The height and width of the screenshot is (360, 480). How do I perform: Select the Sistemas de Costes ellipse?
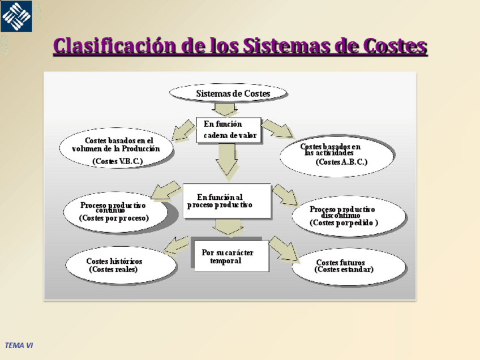tap(229, 93)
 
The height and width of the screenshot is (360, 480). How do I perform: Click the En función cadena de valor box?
tap(229, 130)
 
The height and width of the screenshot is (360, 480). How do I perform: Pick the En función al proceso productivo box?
tap(226, 201)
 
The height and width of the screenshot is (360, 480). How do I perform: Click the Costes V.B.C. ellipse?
tap(117, 149)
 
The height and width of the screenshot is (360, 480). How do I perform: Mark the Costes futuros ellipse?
tap(348, 266)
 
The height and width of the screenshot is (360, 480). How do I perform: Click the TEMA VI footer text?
tap(20, 344)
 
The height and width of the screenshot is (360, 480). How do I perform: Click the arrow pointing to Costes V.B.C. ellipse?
tap(183, 130)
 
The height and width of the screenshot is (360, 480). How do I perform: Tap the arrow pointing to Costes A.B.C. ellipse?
tap(277, 129)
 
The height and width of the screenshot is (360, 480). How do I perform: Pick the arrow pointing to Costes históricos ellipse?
tap(177, 245)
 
